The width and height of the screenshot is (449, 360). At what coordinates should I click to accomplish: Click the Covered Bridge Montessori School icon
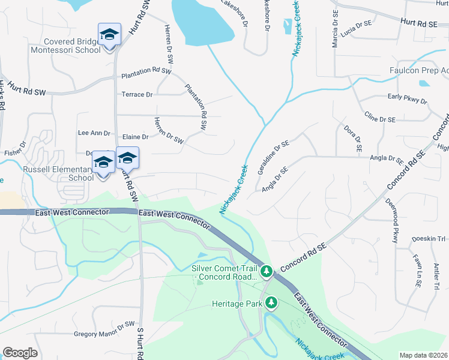click(109, 35)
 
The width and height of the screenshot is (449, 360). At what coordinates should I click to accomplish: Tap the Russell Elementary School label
click(58, 173)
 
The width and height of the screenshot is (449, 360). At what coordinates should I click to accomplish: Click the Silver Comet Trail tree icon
click(267, 271)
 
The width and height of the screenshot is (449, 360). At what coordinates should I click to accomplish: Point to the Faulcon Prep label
click(419, 70)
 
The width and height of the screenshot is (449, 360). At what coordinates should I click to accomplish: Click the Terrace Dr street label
click(137, 95)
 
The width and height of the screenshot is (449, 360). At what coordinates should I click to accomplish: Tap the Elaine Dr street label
click(135, 137)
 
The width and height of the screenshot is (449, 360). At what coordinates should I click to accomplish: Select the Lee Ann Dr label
click(94, 133)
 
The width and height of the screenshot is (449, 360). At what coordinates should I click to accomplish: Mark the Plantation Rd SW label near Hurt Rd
click(146, 76)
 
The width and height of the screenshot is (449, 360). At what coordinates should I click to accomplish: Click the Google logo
click(20, 353)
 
